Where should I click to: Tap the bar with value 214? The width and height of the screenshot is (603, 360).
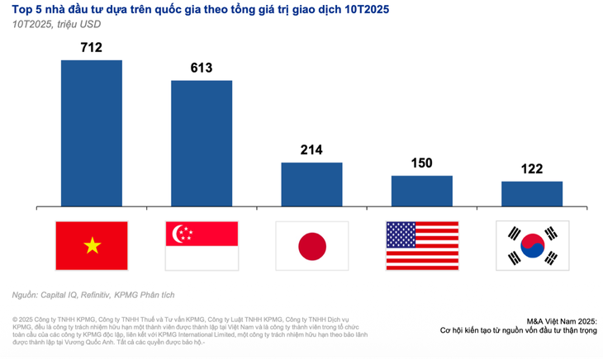[311, 183]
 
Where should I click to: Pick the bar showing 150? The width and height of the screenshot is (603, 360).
[421, 190]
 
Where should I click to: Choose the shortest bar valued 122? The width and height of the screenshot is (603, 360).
[531, 193]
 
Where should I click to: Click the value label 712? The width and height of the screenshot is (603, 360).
[91, 48]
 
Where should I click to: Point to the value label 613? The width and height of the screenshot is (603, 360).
[201, 68]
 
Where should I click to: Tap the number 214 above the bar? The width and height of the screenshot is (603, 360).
[311, 149]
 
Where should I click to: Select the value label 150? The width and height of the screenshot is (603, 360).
[421, 163]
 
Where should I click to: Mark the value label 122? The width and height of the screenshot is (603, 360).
[531, 168]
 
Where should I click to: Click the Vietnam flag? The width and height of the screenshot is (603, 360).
[91, 245]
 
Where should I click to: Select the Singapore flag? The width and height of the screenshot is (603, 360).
[201, 245]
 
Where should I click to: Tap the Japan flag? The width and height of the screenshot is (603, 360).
[311, 245]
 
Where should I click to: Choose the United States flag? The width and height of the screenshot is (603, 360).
[421, 245]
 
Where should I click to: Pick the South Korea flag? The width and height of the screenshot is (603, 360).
[531, 245]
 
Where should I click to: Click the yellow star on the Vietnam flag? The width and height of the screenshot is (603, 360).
[91, 245]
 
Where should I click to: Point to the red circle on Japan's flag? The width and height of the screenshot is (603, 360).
[311, 245]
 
